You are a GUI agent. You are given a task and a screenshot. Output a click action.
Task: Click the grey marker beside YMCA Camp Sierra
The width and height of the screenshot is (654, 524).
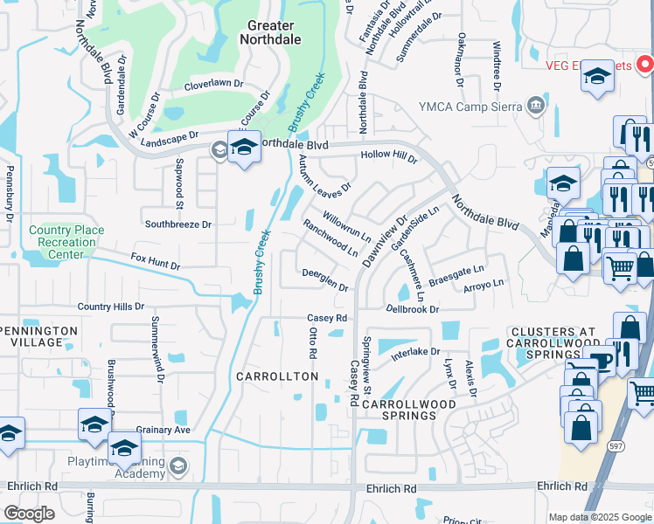click(535, 107)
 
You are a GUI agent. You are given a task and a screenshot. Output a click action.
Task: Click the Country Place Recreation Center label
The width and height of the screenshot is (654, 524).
click(66, 242)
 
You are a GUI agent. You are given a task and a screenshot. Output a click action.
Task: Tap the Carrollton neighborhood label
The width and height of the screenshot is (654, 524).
click(277, 376)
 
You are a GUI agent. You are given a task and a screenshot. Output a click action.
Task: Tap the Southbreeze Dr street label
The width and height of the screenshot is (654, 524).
click(178, 224)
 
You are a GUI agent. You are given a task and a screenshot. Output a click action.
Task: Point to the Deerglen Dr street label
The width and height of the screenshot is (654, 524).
click(325, 281)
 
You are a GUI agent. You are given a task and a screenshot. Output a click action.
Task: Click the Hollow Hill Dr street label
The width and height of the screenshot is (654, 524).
click(389, 156)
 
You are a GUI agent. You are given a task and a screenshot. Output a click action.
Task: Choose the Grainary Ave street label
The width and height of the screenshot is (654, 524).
click(163, 431)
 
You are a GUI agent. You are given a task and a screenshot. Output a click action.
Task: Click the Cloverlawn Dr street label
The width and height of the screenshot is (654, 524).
click(213, 86)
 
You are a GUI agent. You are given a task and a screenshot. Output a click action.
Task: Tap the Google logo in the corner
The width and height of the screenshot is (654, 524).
click(30, 513)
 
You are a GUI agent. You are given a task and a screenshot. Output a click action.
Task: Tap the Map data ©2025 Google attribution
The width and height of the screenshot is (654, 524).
click(599, 517)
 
